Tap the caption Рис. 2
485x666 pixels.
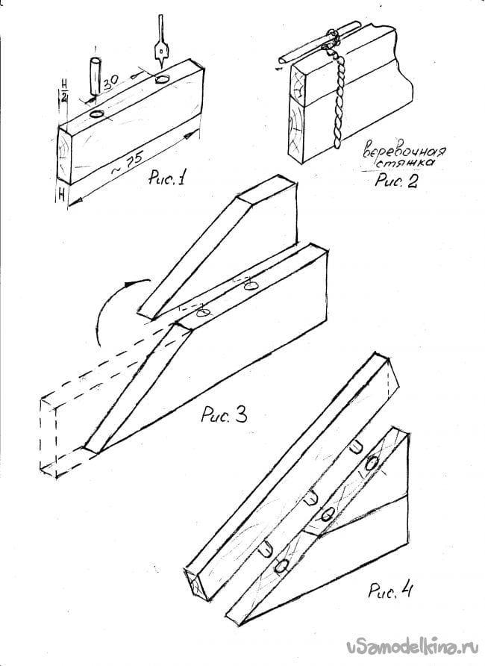[x=396, y=181]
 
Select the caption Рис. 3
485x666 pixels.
[x=224, y=414]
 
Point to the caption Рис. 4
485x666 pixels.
[x=390, y=590]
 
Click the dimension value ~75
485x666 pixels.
[x=126, y=162]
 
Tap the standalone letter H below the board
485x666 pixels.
[x=61, y=196]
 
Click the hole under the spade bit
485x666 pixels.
[x=162, y=79]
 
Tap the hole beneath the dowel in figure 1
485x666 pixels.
[x=97, y=113]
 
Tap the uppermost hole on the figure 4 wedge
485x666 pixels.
[x=372, y=463]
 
